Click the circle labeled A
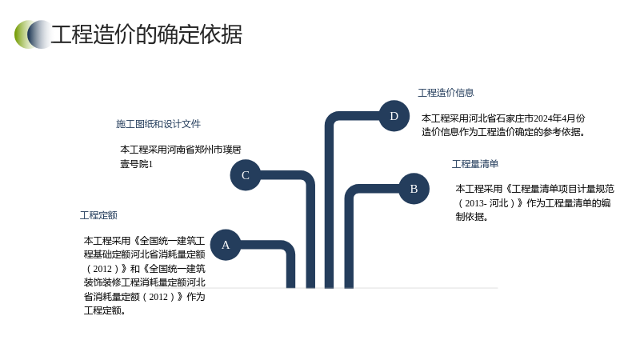tap(226, 245)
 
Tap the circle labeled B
tap(414, 189)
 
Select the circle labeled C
tap(246, 175)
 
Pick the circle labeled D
tap(394, 116)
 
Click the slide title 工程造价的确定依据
tap(146, 34)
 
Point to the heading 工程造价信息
tap(446, 93)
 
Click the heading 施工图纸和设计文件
tap(158, 124)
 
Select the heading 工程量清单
tap(475, 164)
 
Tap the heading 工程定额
tap(98, 215)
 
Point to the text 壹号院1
tap(136, 164)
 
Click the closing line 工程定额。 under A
tap(105, 310)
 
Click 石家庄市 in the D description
tap(514, 118)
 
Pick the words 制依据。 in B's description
tap(472, 216)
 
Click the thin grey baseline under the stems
tap(352, 288)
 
